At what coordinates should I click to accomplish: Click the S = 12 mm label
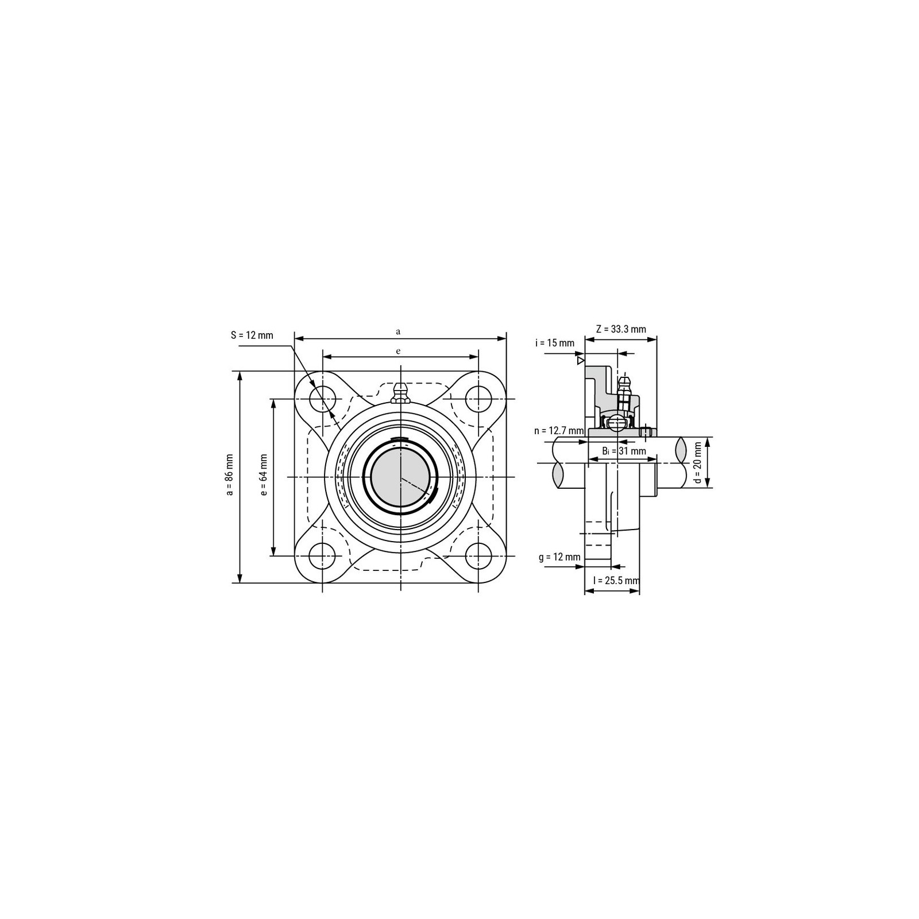(252, 335)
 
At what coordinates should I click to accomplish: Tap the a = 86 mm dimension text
(229, 474)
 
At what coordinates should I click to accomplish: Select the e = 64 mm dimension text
(264, 474)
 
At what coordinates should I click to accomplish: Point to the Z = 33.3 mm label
(621, 329)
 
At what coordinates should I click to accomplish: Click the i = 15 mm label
(555, 343)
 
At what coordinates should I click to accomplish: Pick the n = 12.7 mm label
(558, 431)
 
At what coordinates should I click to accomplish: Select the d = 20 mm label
(698, 462)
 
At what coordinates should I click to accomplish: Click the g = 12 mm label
(559, 557)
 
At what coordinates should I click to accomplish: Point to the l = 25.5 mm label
(616, 581)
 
